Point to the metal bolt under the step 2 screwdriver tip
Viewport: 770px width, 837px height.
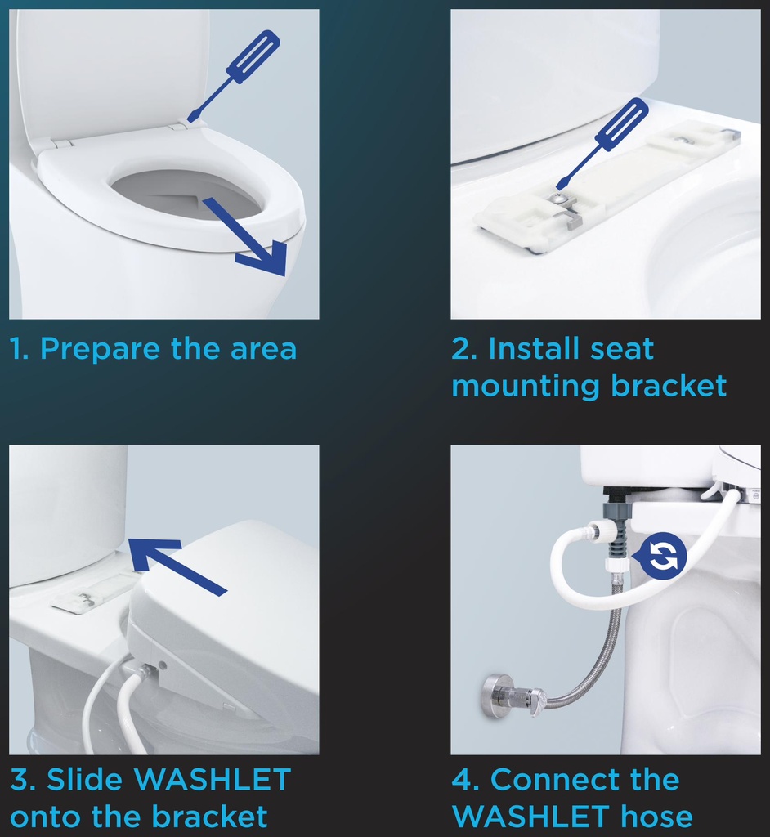click(x=557, y=198)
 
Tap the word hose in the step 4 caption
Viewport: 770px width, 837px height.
click(x=656, y=817)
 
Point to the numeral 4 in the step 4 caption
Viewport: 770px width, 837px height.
click(x=462, y=779)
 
